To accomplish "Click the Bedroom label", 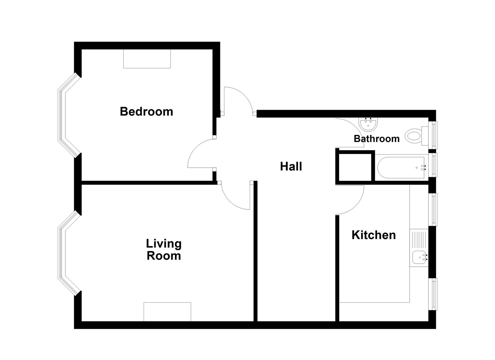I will pyautogui.click(x=146, y=111).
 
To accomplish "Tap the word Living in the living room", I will pyautogui.click(x=164, y=244).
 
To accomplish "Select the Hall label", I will pyautogui.click(x=291, y=166).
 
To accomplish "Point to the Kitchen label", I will pyautogui.click(x=373, y=235).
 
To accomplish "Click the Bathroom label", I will pyautogui.click(x=376, y=138).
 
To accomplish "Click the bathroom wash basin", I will pyautogui.click(x=369, y=124).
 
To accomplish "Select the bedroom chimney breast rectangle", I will pyautogui.click(x=147, y=59).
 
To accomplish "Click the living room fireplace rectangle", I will pyautogui.click(x=167, y=312).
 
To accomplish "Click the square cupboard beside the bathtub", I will pyautogui.click(x=355, y=166).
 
